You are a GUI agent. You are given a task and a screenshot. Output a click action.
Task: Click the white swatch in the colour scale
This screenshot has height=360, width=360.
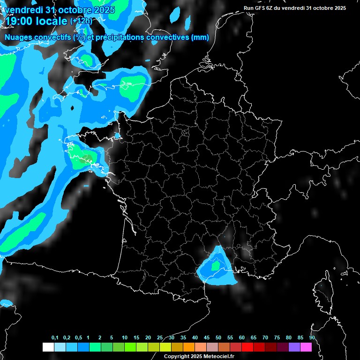pos(48,347)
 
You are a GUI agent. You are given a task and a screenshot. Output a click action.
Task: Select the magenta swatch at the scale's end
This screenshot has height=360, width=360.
pos(306,347)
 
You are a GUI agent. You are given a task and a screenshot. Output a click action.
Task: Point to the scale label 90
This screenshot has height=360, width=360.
pos(312,338)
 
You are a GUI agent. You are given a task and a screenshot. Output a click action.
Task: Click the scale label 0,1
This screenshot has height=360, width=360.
pos(55,338)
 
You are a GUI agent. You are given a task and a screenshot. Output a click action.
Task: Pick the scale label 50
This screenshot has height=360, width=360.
pos(218,338)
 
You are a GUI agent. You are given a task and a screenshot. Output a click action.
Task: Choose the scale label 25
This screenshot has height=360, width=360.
pos(160,338)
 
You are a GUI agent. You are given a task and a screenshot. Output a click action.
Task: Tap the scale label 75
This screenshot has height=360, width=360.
pos(277,338)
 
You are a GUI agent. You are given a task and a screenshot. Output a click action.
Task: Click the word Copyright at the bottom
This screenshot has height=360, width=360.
pos(177,357)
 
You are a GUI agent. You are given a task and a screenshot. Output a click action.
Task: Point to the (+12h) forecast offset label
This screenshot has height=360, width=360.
pos(81,21)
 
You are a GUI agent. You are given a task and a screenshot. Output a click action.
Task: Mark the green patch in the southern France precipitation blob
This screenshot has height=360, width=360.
pos(215,266)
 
